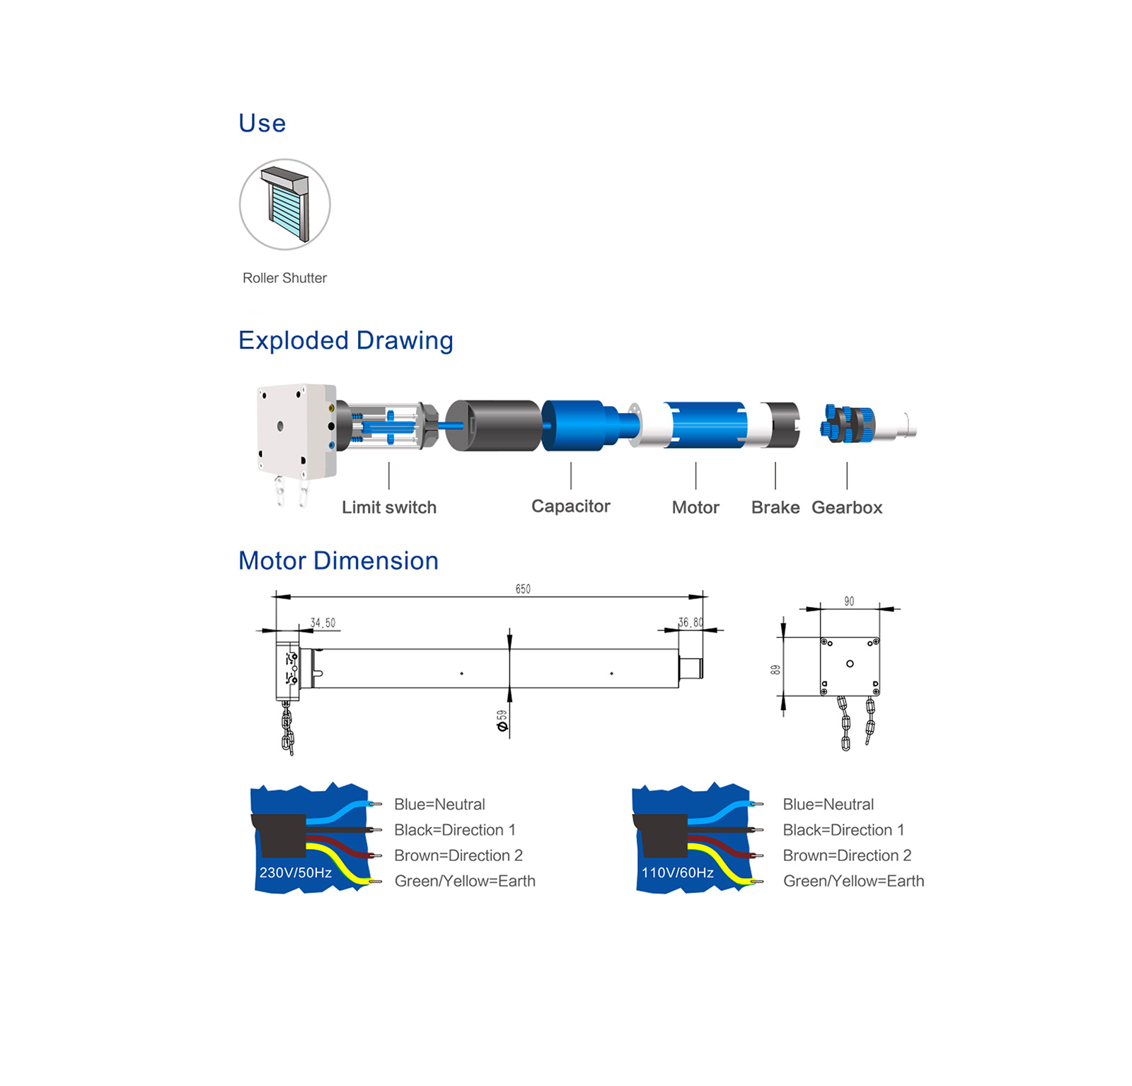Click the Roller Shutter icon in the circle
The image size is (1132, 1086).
pyautogui.click(x=285, y=204)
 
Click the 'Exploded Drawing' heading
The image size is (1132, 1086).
pyautogui.click(x=345, y=340)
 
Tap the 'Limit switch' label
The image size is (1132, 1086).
pyautogui.click(x=389, y=507)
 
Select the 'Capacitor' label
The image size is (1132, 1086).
pyautogui.click(x=570, y=506)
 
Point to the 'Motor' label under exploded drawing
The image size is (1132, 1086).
pyautogui.click(x=695, y=507)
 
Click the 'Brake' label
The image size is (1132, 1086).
pyautogui.click(x=775, y=507)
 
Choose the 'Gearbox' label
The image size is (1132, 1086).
pyautogui.click(x=847, y=507)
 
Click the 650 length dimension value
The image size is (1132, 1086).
pyautogui.click(x=523, y=589)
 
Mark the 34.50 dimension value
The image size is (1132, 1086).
pyautogui.click(x=323, y=623)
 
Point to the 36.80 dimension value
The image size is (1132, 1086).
pyautogui.click(x=691, y=622)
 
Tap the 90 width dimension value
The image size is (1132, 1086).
pyautogui.click(x=849, y=601)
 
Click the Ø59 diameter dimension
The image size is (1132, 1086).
pyautogui.click(x=502, y=720)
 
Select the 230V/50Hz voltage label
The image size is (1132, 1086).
pyautogui.click(x=296, y=872)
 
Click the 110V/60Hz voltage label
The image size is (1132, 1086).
pyautogui.click(x=678, y=872)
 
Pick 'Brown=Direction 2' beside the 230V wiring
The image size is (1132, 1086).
pyautogui.click(x=458, y=855)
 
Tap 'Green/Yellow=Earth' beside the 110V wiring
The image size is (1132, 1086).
pyautogui.click(x=853, y=881)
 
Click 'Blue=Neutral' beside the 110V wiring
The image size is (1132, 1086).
pyautogui.click(x=828, y=804)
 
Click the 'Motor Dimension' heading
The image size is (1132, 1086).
pyautogui.click(x=338, y=560)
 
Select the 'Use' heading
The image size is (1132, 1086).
pyautogui.click(x=262, y=123)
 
